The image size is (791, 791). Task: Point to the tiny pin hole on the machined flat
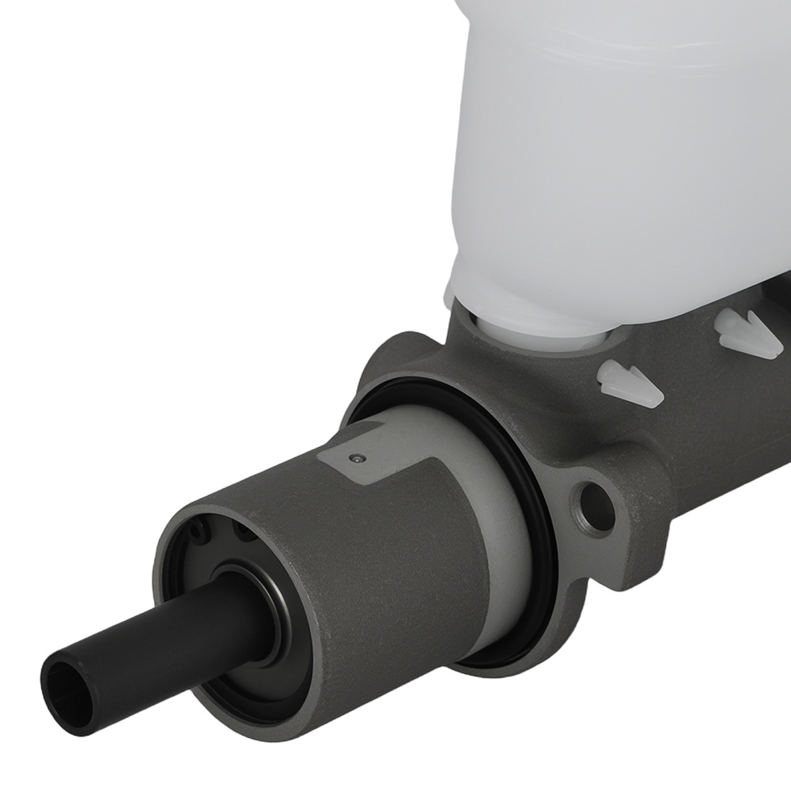click(x=358, y=457)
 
